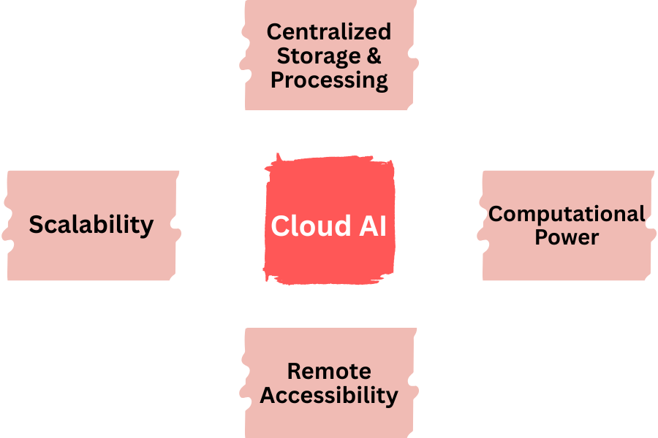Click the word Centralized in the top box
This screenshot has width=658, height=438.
point(329,32)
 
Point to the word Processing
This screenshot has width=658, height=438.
point(329,80)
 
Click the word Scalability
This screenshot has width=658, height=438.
point(91,225)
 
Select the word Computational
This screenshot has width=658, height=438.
point(567,214)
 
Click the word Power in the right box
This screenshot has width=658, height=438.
point(567,237)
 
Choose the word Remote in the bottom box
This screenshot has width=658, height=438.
point(329,371)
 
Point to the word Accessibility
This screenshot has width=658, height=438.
point(329,395)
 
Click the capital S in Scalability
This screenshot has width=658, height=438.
point(37,225)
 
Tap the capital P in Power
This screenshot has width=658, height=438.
point(542,237)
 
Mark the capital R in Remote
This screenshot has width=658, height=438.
point(294,371)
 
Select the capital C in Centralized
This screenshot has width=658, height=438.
point(274,32)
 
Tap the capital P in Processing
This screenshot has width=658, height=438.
point(278,80)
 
